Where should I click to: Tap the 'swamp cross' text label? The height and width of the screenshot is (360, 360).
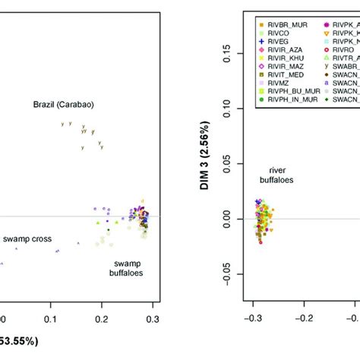coord(27,238)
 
